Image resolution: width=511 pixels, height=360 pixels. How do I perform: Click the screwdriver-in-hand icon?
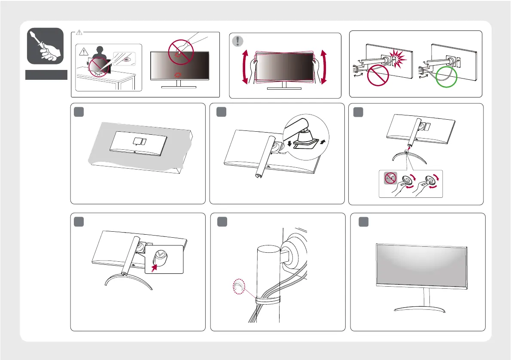coord(45,46)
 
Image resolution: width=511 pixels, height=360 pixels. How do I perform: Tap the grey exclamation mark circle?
coord(237,41)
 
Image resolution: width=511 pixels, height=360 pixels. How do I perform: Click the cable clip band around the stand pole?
coord(266,299)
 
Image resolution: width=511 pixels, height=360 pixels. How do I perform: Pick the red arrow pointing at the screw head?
coord(152,267)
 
